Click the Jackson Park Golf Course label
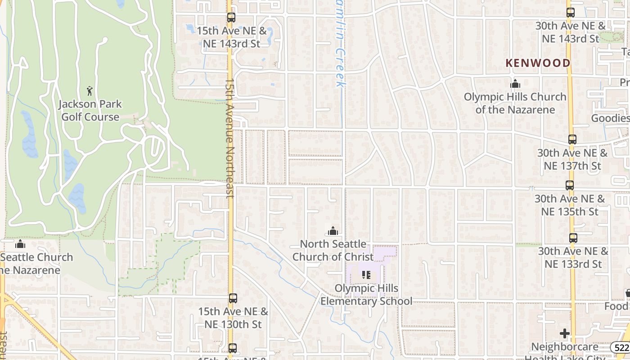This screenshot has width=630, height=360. point(90,111)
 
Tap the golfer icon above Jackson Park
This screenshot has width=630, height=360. point(90,90)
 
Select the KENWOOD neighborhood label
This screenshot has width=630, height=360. point(538,63)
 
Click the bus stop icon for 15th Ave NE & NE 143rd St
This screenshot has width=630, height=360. point(231,18)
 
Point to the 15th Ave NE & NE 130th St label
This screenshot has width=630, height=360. point(233,318)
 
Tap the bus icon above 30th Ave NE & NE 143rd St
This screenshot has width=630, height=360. point(570,13)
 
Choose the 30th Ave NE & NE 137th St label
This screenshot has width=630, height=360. point(572,160)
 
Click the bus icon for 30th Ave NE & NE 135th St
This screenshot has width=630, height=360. point(569,185)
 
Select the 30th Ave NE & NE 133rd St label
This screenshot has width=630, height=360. point(573,257)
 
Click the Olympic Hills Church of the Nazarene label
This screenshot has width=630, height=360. point(515,103)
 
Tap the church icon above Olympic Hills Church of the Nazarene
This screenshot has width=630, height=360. point(515,84)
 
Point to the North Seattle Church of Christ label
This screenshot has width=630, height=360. point(333,250)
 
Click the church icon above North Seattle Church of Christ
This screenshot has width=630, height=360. point(333,231)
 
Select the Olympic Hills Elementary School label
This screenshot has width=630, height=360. point(366,295)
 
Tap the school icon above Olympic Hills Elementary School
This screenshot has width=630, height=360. point(366,274)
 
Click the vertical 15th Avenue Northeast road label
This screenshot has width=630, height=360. point(229,139)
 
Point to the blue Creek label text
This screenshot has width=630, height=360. point(341,63)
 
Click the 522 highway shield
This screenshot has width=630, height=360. point(620,347)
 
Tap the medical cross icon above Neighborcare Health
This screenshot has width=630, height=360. point(565,333)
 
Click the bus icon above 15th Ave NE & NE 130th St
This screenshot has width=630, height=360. point(233,298)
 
